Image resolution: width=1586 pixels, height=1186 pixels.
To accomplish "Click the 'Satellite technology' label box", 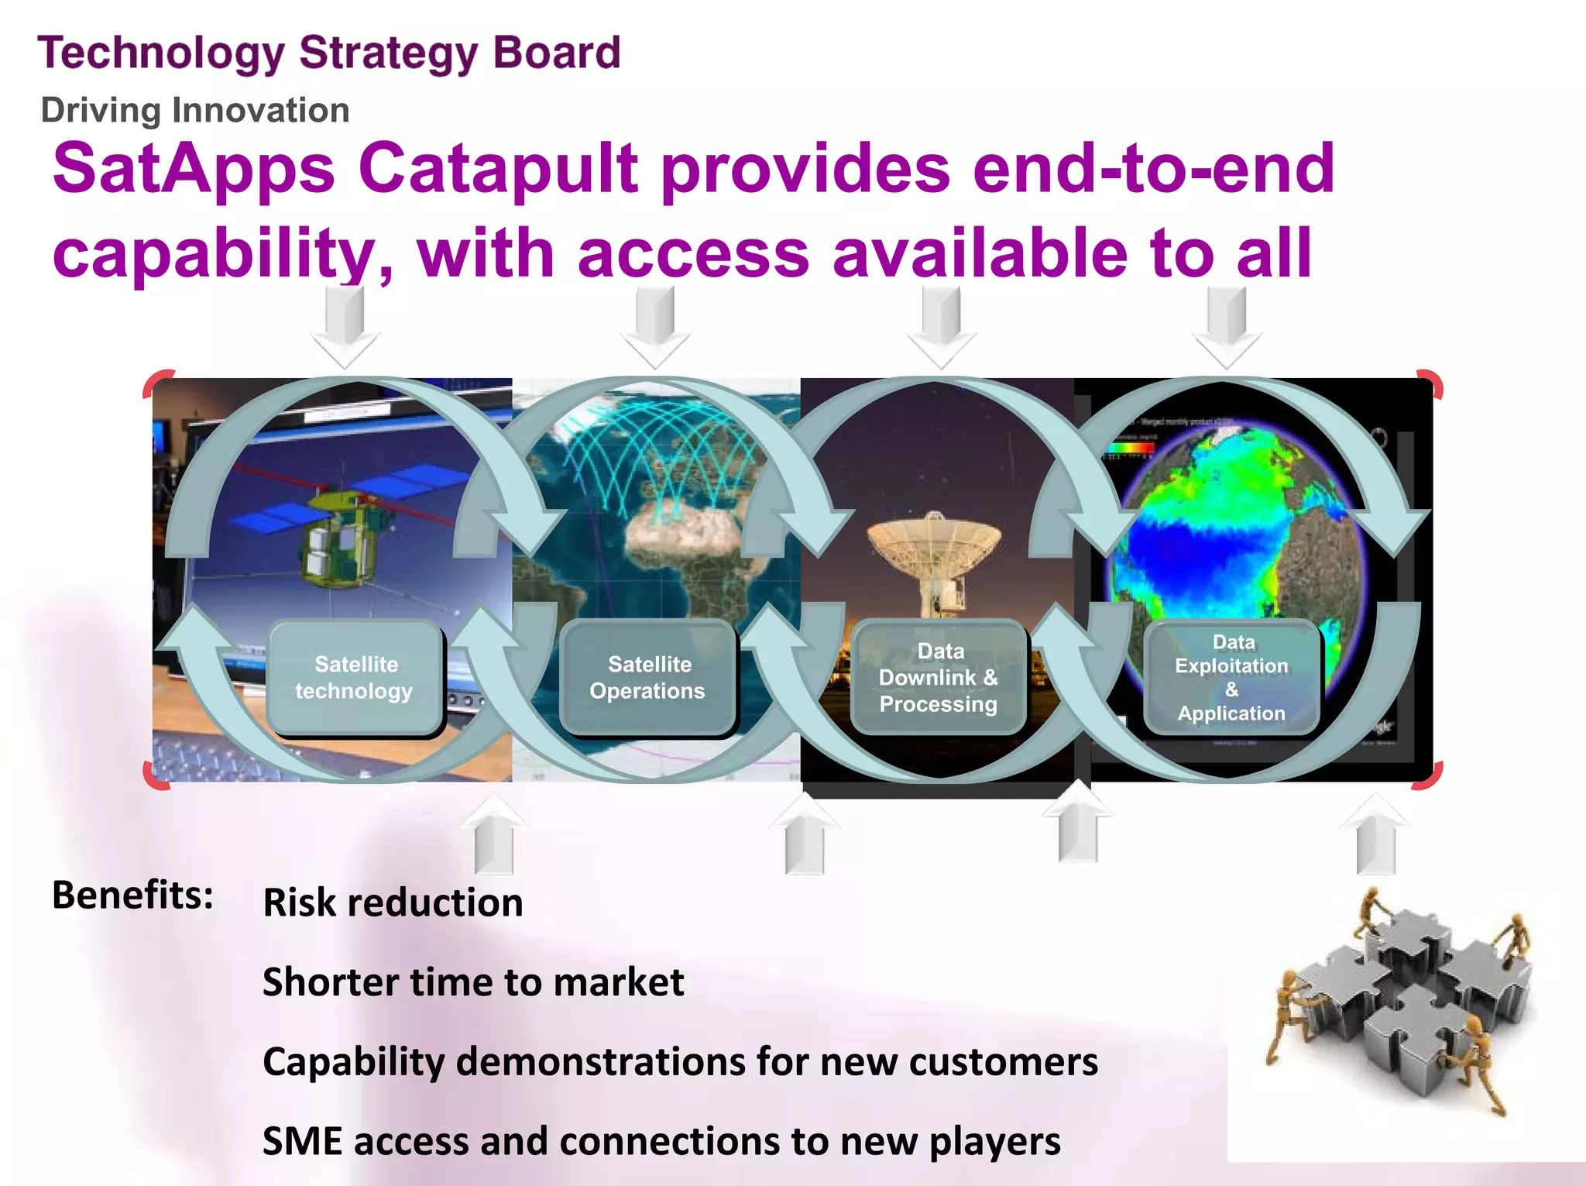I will (x=355, y=678).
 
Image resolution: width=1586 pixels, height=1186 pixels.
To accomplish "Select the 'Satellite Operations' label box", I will (x=647, y=678).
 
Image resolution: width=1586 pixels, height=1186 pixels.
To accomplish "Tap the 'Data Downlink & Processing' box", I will (x=939, y=678).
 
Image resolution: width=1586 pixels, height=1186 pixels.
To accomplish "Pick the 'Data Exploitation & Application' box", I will (x=1231, y=678).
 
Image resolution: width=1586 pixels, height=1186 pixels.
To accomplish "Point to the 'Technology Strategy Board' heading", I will (x=329, y=53).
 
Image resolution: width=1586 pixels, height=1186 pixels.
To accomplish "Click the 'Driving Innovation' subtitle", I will (x=195, y=110).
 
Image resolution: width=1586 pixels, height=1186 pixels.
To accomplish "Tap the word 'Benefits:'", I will (x=132, y=895).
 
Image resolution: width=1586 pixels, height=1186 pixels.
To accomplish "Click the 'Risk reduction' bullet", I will (x=393, y=903).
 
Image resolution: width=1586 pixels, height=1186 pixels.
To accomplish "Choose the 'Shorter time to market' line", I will (x=473, y=982).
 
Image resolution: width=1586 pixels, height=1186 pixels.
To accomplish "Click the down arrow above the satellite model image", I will (x=345, y=325).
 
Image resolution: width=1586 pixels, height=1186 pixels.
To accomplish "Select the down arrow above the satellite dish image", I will (x=941, y=325).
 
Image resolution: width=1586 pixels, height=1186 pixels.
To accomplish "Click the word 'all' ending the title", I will (x=1274, y=253).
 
